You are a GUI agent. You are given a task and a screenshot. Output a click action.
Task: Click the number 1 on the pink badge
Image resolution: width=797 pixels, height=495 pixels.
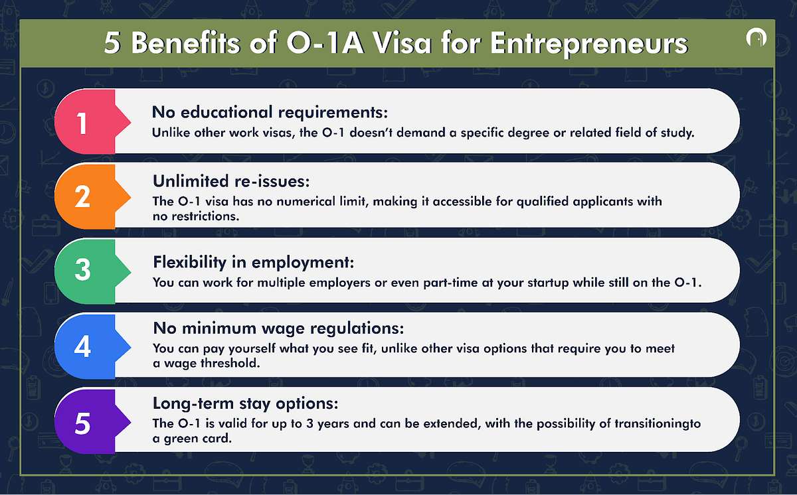point(82,123)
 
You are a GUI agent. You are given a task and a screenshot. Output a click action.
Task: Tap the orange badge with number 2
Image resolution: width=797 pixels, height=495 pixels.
point(82,196)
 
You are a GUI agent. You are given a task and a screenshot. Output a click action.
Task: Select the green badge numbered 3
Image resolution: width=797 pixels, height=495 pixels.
point(82,271)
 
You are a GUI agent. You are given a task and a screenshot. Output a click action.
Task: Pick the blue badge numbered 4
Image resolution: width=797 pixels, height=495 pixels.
point(82,346)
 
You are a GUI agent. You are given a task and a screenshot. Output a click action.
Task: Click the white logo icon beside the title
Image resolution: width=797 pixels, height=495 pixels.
point(756,40)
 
